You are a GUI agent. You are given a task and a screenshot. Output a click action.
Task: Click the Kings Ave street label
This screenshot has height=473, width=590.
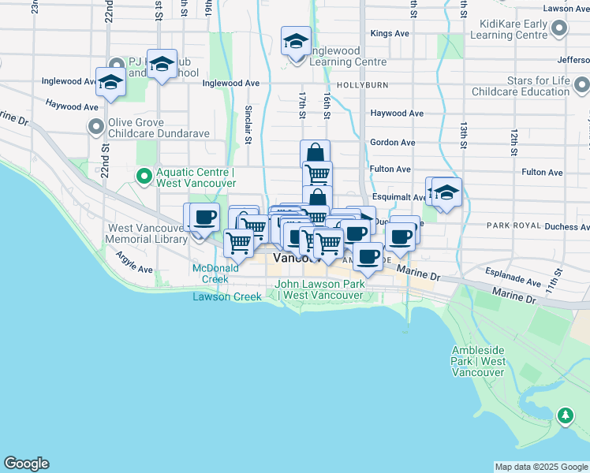coord(390,34)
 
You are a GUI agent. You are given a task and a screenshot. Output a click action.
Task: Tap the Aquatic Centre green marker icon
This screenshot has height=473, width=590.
coord(144,176)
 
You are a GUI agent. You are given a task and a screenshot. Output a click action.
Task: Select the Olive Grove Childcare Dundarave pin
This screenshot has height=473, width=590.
coord(96,126)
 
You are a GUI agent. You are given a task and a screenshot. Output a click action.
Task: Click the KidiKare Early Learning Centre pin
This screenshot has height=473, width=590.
coord(559,30)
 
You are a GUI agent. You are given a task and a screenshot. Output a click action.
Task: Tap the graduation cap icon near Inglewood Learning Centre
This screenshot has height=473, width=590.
coord(296,42)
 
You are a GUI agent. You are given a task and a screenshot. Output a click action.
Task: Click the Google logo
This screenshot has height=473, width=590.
coord(26,464)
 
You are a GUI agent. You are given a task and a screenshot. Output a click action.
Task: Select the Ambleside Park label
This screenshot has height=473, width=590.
coord(479,361)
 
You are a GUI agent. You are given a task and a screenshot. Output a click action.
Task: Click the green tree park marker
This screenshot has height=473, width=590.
coord(565,415)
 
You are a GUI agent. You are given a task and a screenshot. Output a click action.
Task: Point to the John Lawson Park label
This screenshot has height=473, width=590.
coord(319,289)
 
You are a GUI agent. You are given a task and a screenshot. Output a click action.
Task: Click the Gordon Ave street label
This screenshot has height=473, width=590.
coord(392,143)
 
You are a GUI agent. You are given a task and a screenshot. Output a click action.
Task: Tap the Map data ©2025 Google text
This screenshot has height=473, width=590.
coord(541,467)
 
